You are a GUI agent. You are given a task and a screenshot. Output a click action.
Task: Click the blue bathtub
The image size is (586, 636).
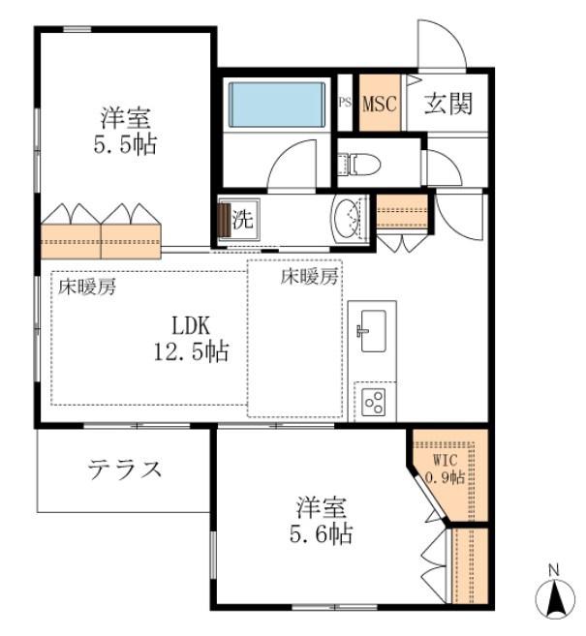(x=277, y=105)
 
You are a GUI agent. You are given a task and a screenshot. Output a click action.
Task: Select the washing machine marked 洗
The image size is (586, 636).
(x=238, y=219)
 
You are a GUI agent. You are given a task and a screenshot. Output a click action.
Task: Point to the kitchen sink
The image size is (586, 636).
(x=373, y=330)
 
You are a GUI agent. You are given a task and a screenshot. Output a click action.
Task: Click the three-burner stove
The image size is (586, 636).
(x=374, y=402)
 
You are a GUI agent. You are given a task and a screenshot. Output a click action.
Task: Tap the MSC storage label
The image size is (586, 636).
(x=380, y=104)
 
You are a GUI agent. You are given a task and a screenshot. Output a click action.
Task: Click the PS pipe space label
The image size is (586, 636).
(x=345, y=102)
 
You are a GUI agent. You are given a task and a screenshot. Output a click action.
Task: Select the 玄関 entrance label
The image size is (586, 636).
(x=448, y=104)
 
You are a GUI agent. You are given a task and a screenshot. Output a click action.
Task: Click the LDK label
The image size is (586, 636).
(x=191, y=325)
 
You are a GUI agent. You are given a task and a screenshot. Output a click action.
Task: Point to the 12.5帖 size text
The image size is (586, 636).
(x=192, y=351)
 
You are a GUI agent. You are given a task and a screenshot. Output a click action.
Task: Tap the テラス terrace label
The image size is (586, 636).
(x=125, y=469)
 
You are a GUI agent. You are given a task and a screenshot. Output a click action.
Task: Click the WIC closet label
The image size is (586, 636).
(x=446, y=461)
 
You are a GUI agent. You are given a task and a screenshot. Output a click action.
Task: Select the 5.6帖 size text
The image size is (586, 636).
(x=321, y=533)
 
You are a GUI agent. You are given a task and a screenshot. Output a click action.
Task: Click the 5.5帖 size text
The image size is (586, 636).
(x=125, y=144)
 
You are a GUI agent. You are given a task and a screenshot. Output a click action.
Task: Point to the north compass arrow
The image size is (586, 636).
(x=555, y=598)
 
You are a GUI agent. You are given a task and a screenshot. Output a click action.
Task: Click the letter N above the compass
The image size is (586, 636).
(x=554, y=570)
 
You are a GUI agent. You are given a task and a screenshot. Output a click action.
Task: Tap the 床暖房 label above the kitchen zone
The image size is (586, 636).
(x=310, y=277)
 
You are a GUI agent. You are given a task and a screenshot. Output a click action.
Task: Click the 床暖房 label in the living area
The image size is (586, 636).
(x=87, y=287)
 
